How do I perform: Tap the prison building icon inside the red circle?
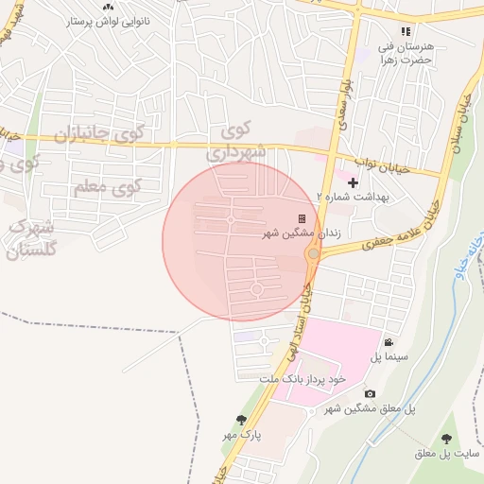302,218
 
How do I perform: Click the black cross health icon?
354,182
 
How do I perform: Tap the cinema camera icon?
389,342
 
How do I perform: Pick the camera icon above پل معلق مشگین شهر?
369,393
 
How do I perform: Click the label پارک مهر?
240,434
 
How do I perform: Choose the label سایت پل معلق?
447,454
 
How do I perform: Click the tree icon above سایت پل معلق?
447,439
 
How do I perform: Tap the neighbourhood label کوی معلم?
106,187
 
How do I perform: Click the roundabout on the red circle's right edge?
313,253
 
